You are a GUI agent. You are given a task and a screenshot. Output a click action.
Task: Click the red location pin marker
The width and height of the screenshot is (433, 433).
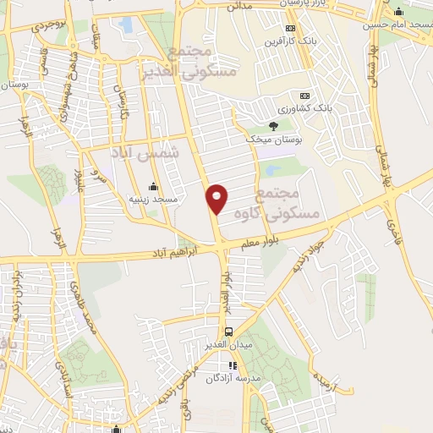click(x=217, y=199)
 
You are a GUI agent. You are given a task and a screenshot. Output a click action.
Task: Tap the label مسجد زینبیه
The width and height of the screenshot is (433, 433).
click(x=152, y=200)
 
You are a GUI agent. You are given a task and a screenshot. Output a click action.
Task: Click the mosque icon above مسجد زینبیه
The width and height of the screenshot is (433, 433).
click(x=153, y=187)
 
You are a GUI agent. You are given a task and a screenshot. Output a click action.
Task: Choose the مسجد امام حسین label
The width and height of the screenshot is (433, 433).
click(x=397, y=25)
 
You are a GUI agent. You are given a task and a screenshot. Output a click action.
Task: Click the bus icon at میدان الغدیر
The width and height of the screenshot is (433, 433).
click(x=227, y=332)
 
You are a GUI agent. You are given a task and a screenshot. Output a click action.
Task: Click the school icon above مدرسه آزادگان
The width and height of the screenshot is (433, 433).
click(x=233, y=365)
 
